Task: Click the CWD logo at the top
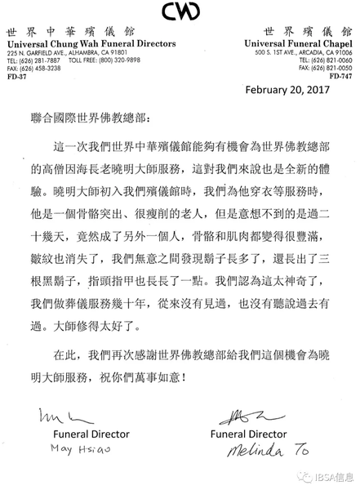coord(179,11)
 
